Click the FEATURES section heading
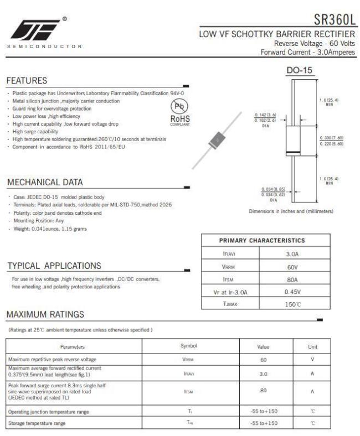click(x=27, y=81)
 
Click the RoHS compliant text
click(x=179, y=120)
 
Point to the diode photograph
click(x=218, y=141)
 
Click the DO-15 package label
click(x=300, y=71)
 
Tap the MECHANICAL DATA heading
click(x=45, y=183)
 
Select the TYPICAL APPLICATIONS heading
click(x=54, y=266)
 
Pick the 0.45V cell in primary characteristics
click(x=292, y=292)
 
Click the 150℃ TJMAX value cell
click(x=292, y=304)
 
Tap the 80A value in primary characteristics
click(x=292, y=279)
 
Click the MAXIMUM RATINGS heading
click(x=45, y=314)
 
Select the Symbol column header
click(x=189, y=346)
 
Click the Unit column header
click(x=312, y=346)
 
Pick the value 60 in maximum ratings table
click(x=264, y=359)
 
